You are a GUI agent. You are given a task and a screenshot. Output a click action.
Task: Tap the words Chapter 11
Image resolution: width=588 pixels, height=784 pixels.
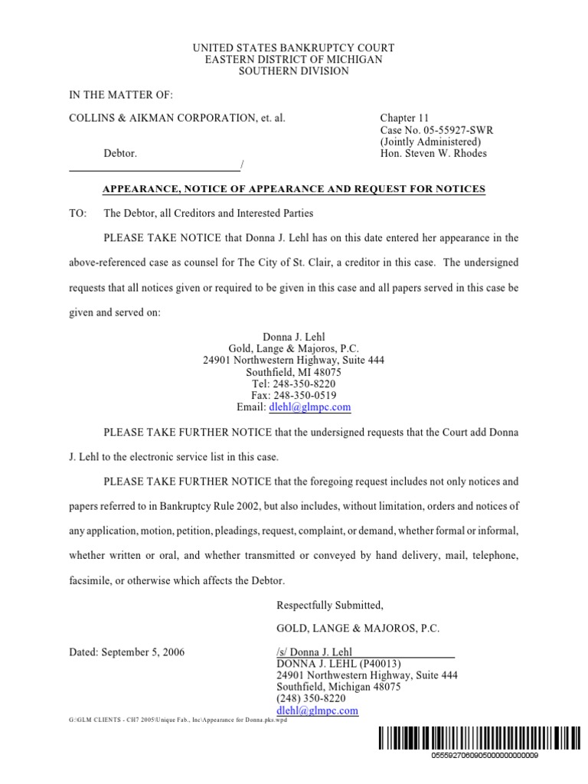tap(405, 119)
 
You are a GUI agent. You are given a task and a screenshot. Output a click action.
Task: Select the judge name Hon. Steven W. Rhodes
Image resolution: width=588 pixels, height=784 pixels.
tap(433, 153)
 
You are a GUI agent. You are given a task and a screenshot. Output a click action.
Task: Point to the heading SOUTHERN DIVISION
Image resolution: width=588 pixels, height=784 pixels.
tap(293, 71)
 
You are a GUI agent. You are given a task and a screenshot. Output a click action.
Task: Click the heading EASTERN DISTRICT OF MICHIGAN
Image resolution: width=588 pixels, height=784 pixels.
tap(293, 60)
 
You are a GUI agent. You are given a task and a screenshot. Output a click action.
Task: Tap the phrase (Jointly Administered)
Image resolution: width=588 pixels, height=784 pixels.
tap(431, 142)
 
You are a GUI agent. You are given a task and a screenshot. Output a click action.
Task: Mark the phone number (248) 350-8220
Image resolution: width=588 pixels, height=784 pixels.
tap(311, 699)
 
